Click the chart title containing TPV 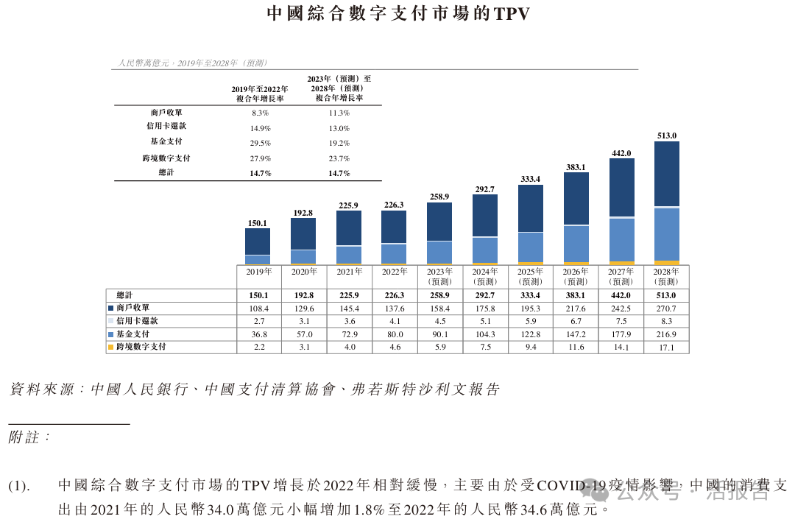click(397, 14)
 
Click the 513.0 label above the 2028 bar click(666, 135)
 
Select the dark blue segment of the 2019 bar click(258, 241)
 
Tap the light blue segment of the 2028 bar click(666, 233)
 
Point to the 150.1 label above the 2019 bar click(258, 222)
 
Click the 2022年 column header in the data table click(394, 272)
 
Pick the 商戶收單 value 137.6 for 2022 click(394, 308)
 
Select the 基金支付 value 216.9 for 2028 click(666, 334)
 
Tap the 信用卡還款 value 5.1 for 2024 click(485, 321)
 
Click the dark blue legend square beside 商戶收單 click(111, 308)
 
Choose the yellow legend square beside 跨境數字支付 click(111, 347)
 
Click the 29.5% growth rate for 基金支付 click(260, 143)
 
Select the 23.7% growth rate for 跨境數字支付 click(339, 158)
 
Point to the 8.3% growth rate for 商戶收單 click(260, 113)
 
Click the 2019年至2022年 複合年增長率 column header click(260, 93)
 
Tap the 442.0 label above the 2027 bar click(621, 153)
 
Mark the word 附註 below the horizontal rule click(26, 437)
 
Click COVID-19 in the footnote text click(572, 486)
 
